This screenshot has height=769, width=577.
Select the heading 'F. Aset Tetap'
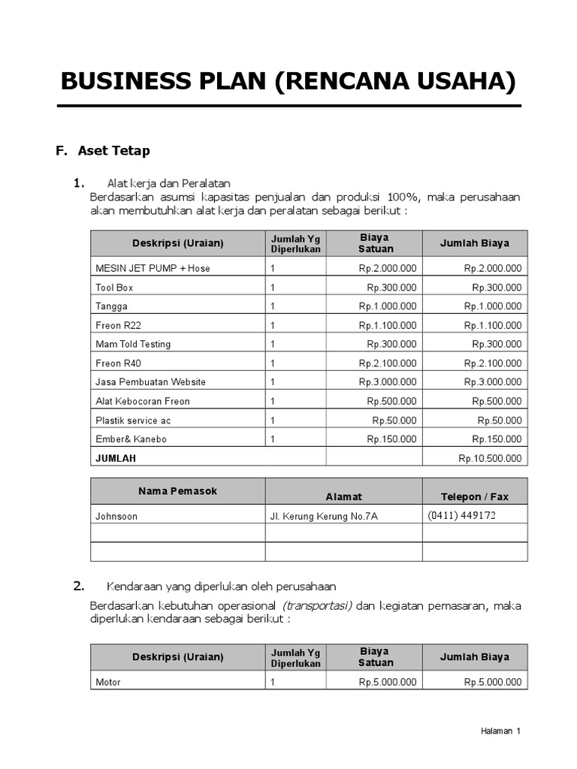[x=104, y=150]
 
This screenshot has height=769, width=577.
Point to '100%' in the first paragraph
[x=400, y=197]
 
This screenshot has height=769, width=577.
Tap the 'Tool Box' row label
[x=114, y=288]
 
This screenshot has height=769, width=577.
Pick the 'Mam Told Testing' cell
[x=133, y=344]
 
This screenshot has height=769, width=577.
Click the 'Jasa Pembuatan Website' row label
[x=150, y=381]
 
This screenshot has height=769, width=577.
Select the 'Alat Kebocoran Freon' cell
[x=143, y=401]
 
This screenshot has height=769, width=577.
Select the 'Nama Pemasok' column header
[x=177, y=491]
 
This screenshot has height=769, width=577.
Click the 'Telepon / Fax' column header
[x=474, y=496]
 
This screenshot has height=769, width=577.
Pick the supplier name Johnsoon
[x=116, y=516]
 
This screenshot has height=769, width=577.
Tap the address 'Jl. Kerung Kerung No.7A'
[x=324, y=516]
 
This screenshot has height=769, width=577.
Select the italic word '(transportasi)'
[x=316, y=605]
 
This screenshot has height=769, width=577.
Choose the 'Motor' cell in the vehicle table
[x=108, y=683]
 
